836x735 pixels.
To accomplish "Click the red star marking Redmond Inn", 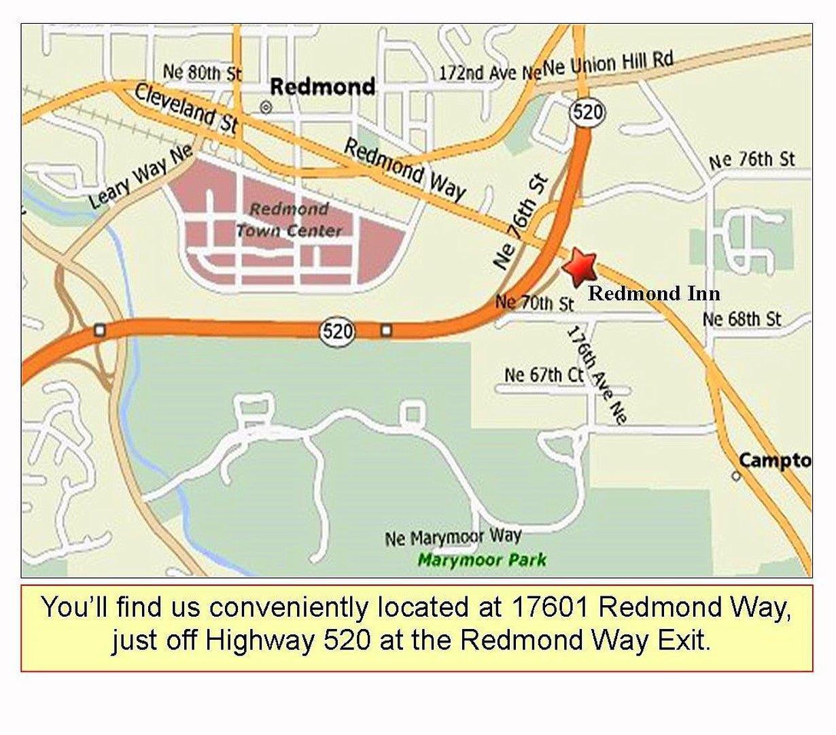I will [579, 266].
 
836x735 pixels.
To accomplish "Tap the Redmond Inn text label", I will [654, 293].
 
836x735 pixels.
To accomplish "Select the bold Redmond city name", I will [322, 86].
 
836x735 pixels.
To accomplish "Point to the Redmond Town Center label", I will [290, 220].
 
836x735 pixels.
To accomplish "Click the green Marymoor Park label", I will [481, 560].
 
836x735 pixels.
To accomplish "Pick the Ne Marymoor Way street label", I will [453, 537].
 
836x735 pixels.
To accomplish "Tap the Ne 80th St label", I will [203, 71].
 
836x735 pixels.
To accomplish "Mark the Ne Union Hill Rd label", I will [608, 65].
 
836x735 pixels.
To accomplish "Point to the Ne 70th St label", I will [534, 302].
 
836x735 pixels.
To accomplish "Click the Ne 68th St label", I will [742, 318].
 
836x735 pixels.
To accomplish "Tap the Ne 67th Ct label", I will [544, 374].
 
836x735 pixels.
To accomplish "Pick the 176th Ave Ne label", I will [596, 375].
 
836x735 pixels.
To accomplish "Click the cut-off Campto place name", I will [775, 460].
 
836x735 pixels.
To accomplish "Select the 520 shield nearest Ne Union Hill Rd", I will [587, 112].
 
